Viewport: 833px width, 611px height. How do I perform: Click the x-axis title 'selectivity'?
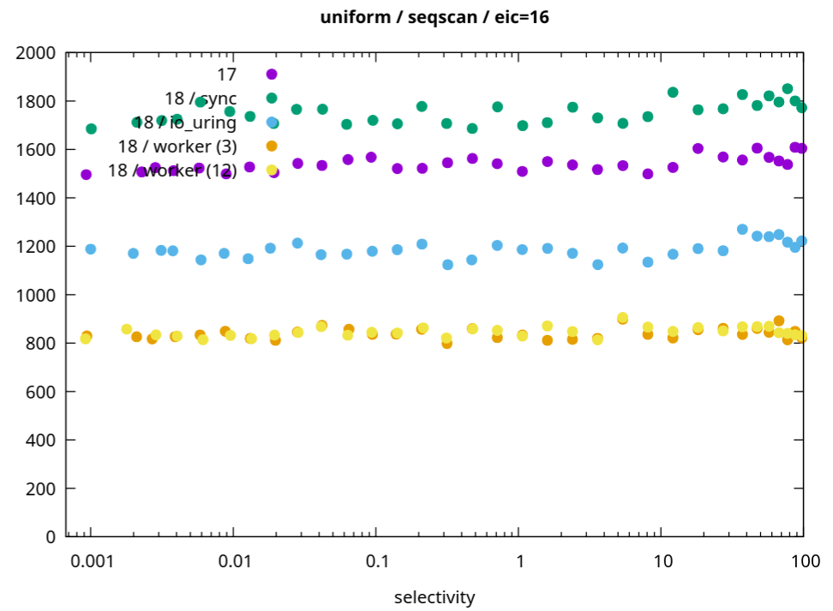(434, 596)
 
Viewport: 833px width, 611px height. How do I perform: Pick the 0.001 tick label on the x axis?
(91, 561)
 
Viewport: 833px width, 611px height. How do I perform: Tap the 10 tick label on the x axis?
(661, 561)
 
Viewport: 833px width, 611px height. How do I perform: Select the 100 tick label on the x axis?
(803, 561)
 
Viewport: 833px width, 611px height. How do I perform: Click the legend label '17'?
(226, 75)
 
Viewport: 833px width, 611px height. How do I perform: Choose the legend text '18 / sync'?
(201, 99)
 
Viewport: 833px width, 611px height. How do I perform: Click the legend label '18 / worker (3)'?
(177, 147)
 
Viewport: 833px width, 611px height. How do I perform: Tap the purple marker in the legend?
(272, 75)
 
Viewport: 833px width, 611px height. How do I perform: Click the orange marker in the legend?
(272, 147)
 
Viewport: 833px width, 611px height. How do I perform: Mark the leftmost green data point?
(91, 129)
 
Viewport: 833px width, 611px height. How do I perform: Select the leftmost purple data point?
(86, 175)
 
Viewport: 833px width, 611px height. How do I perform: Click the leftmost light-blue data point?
(91, 249)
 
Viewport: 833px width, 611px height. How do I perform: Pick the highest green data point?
(788, 88)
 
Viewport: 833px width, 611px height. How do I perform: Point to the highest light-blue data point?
(742, 230)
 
